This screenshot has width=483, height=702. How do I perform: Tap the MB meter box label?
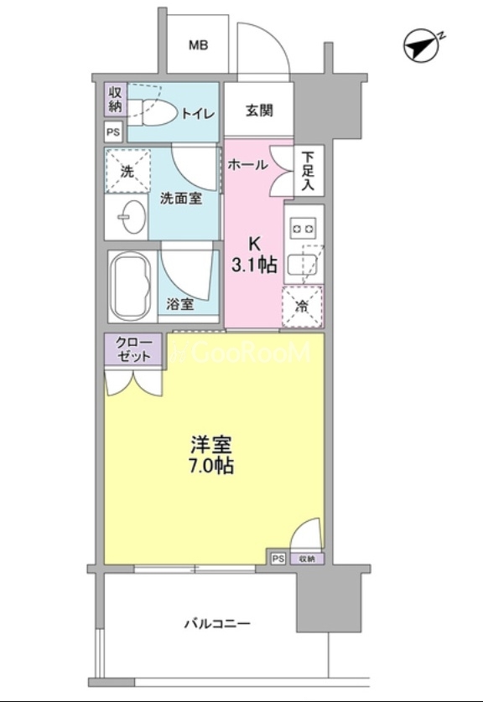click(198, 45)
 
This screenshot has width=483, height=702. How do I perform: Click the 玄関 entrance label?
click(259, 110)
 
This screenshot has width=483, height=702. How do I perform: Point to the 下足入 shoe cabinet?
click(309, 170)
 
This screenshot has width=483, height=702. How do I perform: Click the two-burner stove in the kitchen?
click(304, 230)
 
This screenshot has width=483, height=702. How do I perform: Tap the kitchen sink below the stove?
click(303, 265)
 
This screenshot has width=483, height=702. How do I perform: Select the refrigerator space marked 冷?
click(303, 307)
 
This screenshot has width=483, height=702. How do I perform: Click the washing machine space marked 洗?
click(127, 171)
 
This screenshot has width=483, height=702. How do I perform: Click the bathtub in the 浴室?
click(132, 286)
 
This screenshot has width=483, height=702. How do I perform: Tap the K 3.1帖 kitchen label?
click(253, 256)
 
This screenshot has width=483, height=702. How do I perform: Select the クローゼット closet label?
click(133, 349)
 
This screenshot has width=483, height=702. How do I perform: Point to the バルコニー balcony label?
click(217, 623)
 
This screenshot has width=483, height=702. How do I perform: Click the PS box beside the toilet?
click(113, 132)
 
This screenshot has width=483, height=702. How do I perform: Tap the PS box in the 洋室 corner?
click(278, 559)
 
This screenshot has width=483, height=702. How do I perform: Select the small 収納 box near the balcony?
click(306, 559)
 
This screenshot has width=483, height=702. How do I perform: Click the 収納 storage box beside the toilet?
click(116, 100)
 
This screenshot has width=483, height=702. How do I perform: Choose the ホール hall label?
click(248, 165)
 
